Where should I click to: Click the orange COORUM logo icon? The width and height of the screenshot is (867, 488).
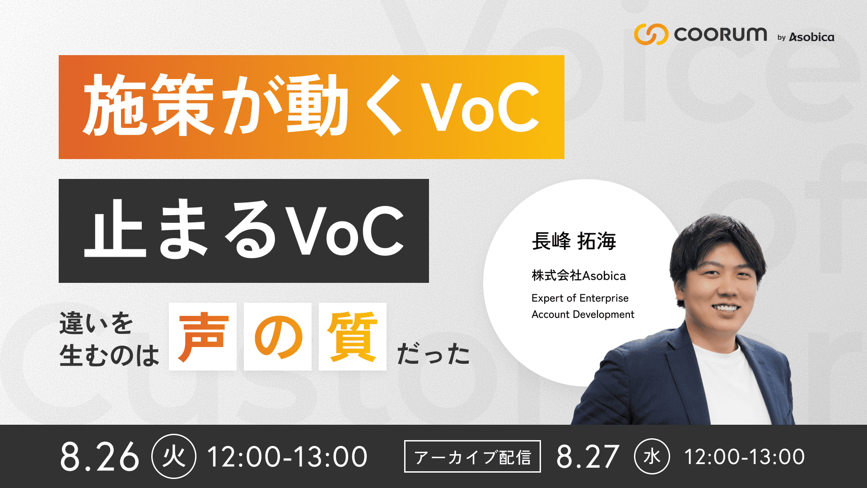[x=651, y=34]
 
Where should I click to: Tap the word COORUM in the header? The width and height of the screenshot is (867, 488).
[x=720, y=34]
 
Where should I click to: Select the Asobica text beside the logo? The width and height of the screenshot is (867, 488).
[x=811, y=37]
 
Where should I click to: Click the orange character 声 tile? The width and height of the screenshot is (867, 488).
[x=203, y=337]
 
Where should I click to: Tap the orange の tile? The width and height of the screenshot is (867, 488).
[x=278, y=337]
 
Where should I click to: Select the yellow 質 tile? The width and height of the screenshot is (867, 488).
[x=353, y=337]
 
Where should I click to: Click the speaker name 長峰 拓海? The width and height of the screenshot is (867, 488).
[x=574, y=241]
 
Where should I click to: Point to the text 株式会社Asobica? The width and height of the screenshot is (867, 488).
[x=578, y=276]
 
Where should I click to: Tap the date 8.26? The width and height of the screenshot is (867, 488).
[x=99, y=456]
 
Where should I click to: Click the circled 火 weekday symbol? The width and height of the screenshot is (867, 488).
[x=174, y=456]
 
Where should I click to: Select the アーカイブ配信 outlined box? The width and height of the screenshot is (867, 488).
[x=472, y=456]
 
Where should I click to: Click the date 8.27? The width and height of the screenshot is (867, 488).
[x=587, y=456]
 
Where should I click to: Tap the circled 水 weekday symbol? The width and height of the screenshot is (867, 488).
[x=652, y=456]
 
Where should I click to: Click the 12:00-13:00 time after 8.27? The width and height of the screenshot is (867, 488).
[x=744, y=456]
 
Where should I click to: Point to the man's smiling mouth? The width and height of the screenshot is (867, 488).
[x=726, y=309]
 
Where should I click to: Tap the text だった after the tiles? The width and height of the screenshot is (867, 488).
[x=433, y=353]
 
